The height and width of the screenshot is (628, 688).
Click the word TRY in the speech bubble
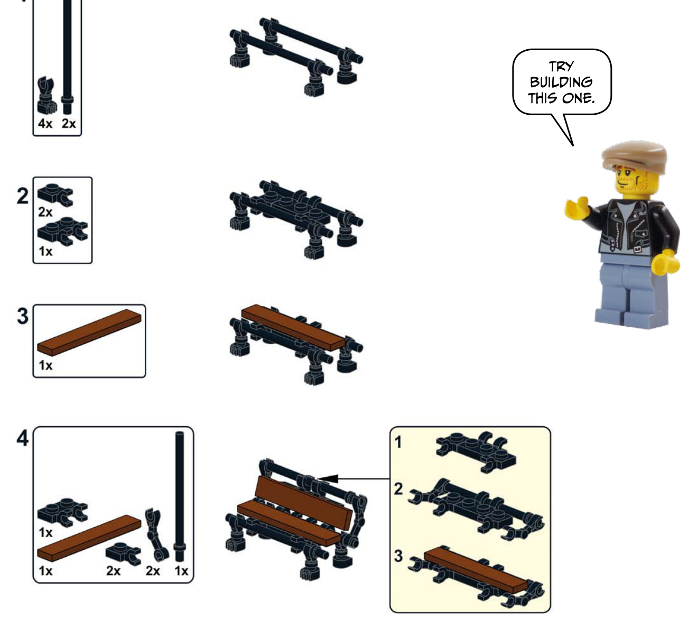561,67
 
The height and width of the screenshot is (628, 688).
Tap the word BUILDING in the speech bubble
561,82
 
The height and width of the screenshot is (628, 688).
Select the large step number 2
23,196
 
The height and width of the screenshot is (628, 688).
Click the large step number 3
23,316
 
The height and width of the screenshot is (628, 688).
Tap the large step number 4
23,438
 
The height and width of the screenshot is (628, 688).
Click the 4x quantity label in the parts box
45,124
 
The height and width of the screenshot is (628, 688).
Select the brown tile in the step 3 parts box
89,332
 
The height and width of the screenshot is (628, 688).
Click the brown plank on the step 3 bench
293,327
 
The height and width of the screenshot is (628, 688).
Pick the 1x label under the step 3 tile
45,365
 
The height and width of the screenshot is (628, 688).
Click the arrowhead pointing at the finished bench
328,478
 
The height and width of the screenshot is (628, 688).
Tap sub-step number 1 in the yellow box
398,442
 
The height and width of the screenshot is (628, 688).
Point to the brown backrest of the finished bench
303,503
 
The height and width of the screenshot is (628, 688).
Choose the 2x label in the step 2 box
45,212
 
